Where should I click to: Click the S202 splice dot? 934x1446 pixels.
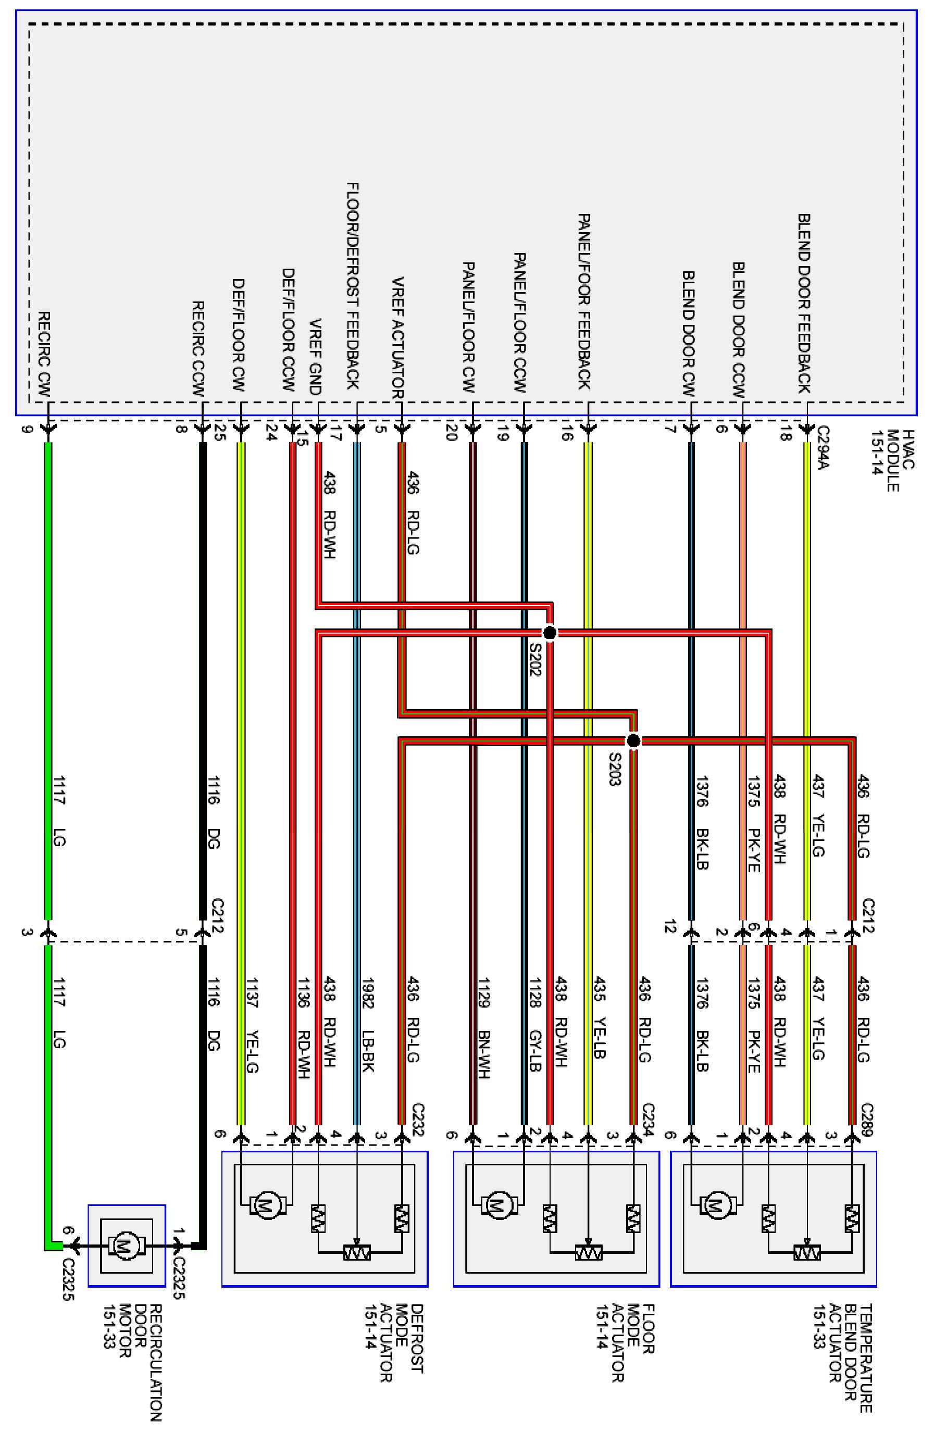coord(550,633)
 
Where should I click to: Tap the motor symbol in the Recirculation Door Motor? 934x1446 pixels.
coord(126,1247)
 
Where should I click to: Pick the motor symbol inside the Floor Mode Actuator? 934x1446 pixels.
coord(499,1205)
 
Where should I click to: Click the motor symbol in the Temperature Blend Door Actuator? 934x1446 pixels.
coord(716,1205)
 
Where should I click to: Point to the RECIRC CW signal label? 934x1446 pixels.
coord(44,354)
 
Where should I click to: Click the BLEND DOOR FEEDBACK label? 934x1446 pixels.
coord(804,303)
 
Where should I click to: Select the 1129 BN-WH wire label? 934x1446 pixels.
coord(484,1028)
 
